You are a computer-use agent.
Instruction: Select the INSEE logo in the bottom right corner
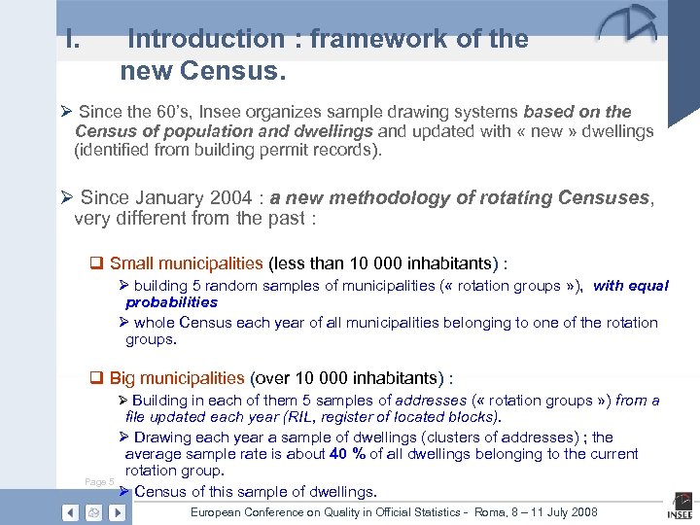[x=679, y=511]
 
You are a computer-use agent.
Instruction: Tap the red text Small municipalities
[x=186, y=262]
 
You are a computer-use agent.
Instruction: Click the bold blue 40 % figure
[x=347, y=454]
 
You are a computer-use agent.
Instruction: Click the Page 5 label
[x=99, y=482]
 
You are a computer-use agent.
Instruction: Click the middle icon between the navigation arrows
[x=93, y=512]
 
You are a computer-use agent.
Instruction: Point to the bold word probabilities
[x=171, y=302]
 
